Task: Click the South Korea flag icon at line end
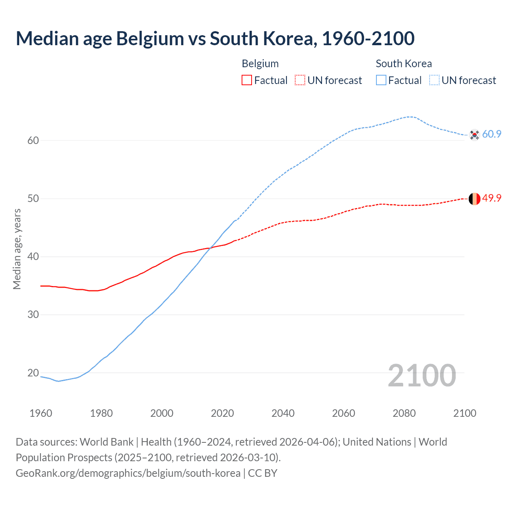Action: [x=474, y=135]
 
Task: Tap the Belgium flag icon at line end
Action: [x=474, y=199]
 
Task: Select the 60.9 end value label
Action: [x=492, y=134]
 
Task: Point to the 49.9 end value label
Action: [x=492, y=198]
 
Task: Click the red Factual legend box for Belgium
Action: [x=247, y=80]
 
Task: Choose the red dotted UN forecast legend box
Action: [x=300, y=80]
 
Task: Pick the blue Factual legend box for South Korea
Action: [x=381, y=80]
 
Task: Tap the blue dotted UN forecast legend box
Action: [x=434, y=80]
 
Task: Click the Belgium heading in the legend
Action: [x=260, y=64]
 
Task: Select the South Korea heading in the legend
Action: [x=404, y=64]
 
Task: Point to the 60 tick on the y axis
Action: [x=33, y=140]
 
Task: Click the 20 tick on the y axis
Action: [x=33, y=373]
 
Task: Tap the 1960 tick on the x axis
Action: [x=41, y=413]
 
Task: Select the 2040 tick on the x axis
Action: [x=283, y=413]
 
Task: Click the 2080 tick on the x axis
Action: [x=404, y=413]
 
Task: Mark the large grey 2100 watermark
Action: [x=422, y=375]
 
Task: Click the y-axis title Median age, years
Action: [x=17, y=249]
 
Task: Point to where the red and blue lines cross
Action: [x=209, y=248]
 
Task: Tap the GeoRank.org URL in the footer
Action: [x=128, y=473]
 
